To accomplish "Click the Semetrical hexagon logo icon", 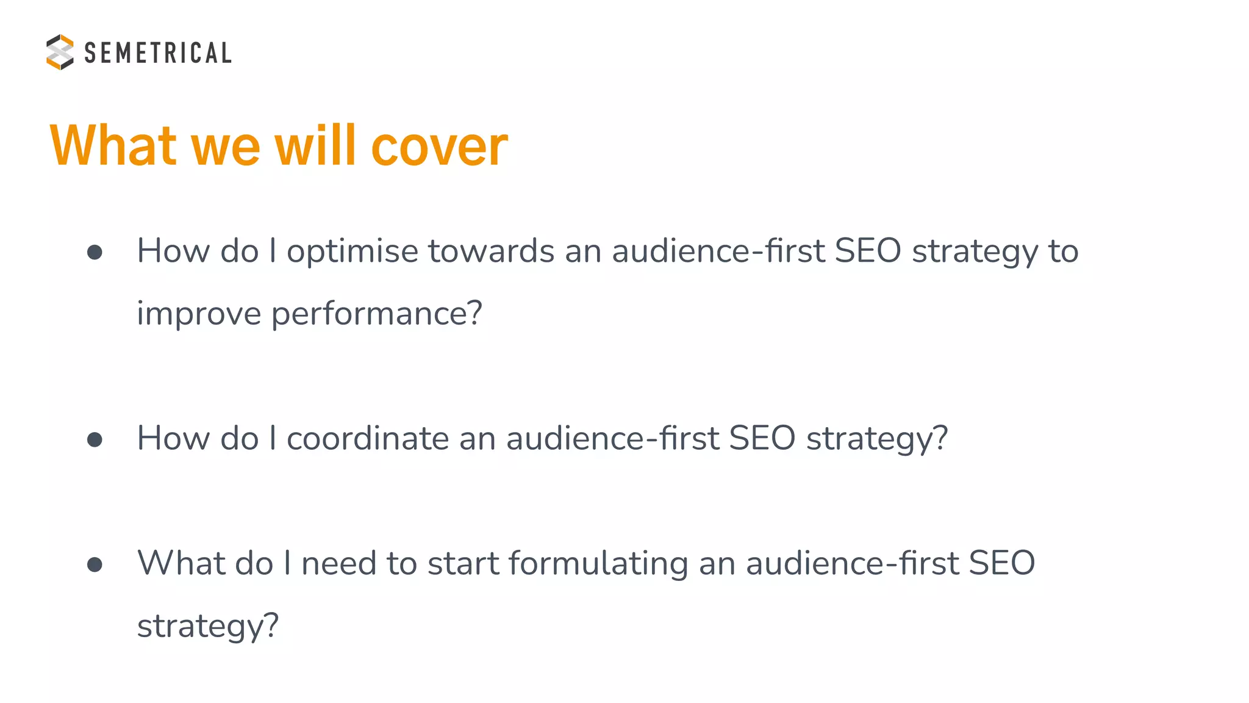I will click(60, 52).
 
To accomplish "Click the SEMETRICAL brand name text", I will click(158, 53).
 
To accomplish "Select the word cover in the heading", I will click(439, 146).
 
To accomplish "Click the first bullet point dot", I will click(95, 252).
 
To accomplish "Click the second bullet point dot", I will click(95, 439).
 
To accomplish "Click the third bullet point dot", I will click(95, 564).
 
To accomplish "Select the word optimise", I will click(352, 251).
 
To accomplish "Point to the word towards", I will click(491, 251).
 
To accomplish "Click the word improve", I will click(199, 314).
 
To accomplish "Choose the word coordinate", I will click(368, 438).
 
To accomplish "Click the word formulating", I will click(598, 563).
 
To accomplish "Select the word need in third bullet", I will click(338, 563).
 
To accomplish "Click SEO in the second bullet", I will click(762, 438).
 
